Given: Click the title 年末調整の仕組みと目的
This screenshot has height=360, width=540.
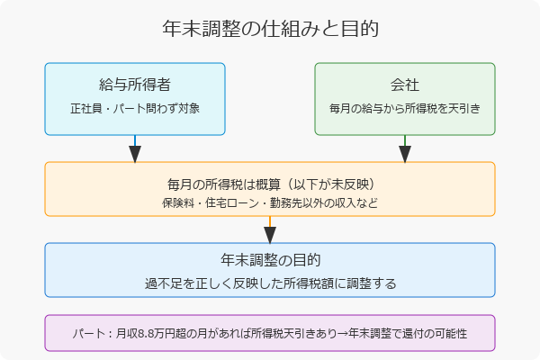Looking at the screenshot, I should click(270, 29).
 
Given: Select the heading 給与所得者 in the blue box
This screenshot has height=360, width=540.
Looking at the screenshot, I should click(135, 85).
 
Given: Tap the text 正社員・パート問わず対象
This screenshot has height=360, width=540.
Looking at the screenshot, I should click(135, 108).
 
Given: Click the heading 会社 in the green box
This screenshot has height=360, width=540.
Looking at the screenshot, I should click(405, 85).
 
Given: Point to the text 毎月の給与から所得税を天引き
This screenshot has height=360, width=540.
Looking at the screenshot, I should click(405, 108).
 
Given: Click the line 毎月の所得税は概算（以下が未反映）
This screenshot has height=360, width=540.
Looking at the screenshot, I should click(270, 184).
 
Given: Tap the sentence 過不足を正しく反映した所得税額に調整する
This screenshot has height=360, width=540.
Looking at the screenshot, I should click(270, 283).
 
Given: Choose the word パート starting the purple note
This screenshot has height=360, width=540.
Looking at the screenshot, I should click(86, 333).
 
